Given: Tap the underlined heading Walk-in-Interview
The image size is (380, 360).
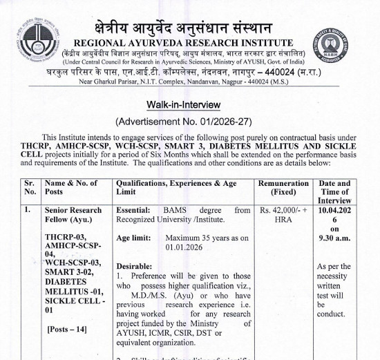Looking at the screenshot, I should [x=183, y=104].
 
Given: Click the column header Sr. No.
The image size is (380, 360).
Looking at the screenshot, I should [x=30, y=189].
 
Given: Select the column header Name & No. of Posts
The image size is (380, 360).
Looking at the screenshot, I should [x=71, y=189].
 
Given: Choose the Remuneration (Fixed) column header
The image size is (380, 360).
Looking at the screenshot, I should [x=285, y=189].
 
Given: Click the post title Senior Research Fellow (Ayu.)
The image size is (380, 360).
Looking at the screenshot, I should [x=73, y=215].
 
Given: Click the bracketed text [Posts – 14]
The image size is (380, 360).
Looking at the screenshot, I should [x=67, y=328].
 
